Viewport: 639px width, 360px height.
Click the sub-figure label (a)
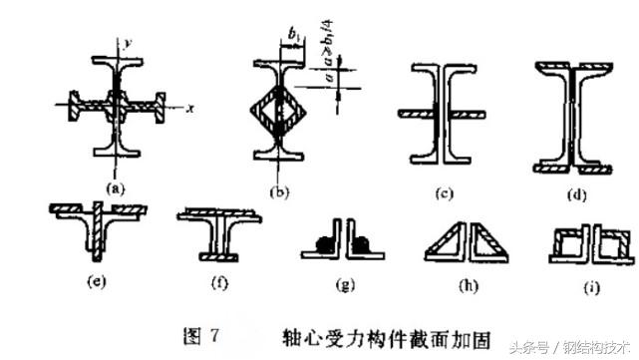(x=118, y=186)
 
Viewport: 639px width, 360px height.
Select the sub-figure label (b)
(x=282, y=190)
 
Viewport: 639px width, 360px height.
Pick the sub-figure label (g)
(x=345, y=285)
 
